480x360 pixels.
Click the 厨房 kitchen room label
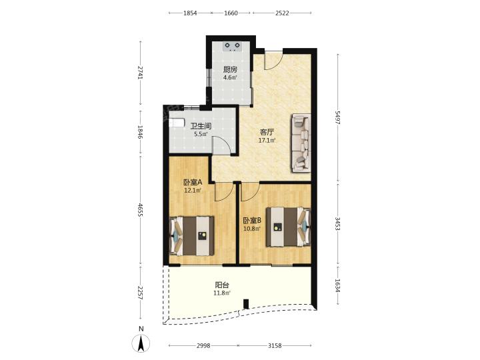tap(230, 69)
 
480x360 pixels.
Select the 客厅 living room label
tap(267, 133)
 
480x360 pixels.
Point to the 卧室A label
tap(193, 183)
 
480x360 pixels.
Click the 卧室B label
tap(252, 221)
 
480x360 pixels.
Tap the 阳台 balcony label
tap(222, 285)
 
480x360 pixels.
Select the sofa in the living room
tap(301, 143)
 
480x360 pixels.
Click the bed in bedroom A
tap(191, 236)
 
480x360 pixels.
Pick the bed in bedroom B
tap(288, 227)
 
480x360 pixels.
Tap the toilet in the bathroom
tap(177, 123)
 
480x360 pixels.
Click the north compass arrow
tap(141, 343)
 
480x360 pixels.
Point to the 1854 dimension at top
tap(190, 13)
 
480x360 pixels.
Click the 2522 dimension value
tap(282, 13)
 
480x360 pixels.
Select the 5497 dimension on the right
tap(337, 117)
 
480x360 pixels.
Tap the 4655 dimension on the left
tap(140, 210)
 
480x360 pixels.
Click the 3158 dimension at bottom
tap(275, 345)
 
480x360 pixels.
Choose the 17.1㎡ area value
tap(267, 141)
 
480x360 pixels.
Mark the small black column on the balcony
tap(246, 304)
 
